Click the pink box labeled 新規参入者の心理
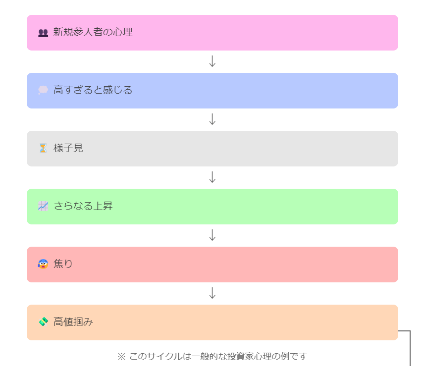click(x=212, y=33)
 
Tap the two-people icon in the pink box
click(x=43, y=33)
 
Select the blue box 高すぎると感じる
click(x=212, y=91)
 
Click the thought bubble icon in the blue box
click(x=43, y=91)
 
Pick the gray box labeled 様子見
click(x=212, y=149)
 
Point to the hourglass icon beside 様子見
click(x=43, y=148)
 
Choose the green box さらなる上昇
click(x=212, y=207)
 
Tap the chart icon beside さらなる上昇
click(x=43, y=206)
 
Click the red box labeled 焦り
click(x=212, y=265)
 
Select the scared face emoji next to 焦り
click(x=43, y=264)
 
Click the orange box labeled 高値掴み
click(x=212, y=322)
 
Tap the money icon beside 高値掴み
click(x=43, y=322)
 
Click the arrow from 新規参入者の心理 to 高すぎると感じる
click(x=212, y=61)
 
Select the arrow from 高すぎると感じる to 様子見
click(x=212, y=119)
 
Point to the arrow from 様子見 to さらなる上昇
click(x=212, y=177)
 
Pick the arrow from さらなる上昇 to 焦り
click(x=212, y=235)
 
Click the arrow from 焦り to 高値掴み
click(x=212, y=293)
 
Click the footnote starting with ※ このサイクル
click(x=212, y=356)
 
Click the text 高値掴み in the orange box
click(x=73, y=322)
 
